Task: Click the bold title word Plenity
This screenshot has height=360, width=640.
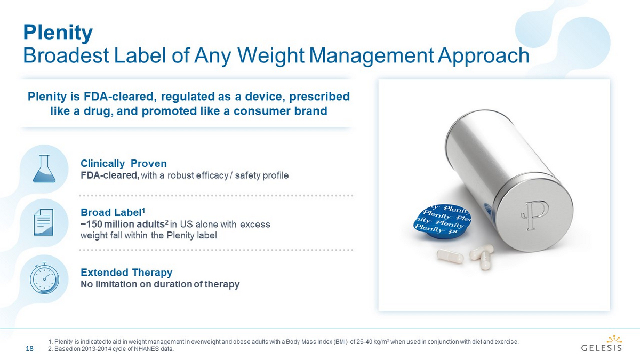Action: point(58,33)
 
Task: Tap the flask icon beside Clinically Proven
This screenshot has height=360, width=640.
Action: point(44,169)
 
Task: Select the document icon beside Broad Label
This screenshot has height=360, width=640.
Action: point(43,222)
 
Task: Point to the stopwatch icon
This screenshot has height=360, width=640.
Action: point(44,278)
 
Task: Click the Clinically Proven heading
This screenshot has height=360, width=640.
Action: point(123,163)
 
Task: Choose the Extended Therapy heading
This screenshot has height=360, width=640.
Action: point(126,273)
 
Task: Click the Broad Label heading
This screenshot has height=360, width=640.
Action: point(113,212)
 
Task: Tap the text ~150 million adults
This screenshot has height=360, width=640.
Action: point(122,225)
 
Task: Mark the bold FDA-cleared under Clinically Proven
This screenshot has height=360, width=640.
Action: point(110,175)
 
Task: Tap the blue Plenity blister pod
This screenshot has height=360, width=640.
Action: point(442,221)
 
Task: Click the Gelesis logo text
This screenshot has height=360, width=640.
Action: point(602,348)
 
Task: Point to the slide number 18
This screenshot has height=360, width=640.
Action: point(29,349)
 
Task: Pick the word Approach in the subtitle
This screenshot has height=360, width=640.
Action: point(483,56)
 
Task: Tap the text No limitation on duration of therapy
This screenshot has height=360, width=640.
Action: point(160,284)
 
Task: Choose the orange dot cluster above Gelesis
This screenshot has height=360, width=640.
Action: point(614,339)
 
